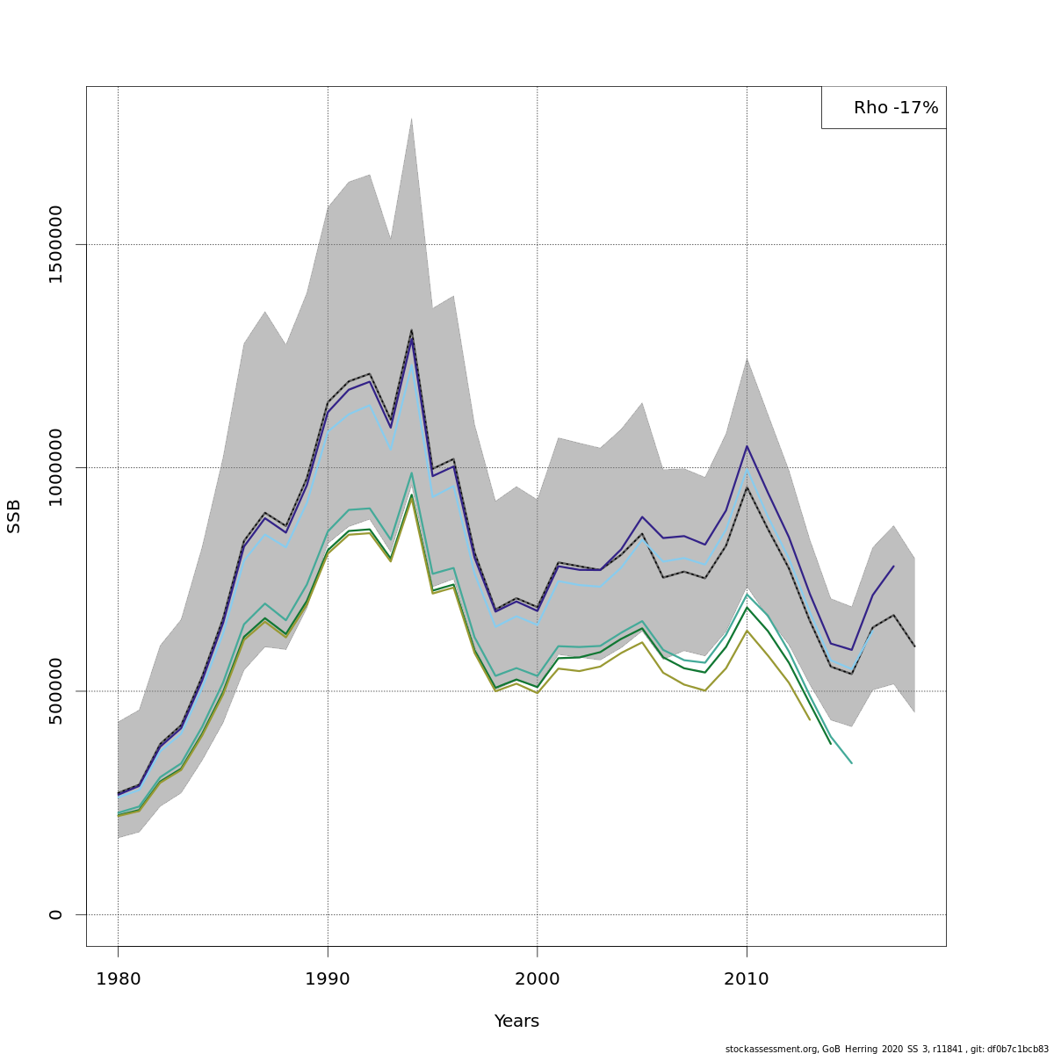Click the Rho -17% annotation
[x=895, y=108]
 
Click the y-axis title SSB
[x=14, y=516]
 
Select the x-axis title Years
[x=516, y=1022]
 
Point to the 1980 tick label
[x=118, y=979]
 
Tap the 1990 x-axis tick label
[x=328, y=979]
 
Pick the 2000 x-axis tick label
[x=537, y=979]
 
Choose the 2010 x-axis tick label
[x=747, y=979]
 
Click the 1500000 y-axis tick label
[x=56, y=244]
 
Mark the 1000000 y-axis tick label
[x=56, y=467]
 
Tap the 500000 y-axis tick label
[x=56, y=690]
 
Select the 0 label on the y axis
[x=56, y=914]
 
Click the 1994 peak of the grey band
[x=411, y=119]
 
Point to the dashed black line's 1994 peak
[x=411, y=330]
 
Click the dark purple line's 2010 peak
[x=747, y=446]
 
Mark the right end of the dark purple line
[x=893, y=567]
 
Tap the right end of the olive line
[x=810, y=719]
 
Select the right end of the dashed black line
[x=914, y=646]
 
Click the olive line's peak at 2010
[x=747, y=631]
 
